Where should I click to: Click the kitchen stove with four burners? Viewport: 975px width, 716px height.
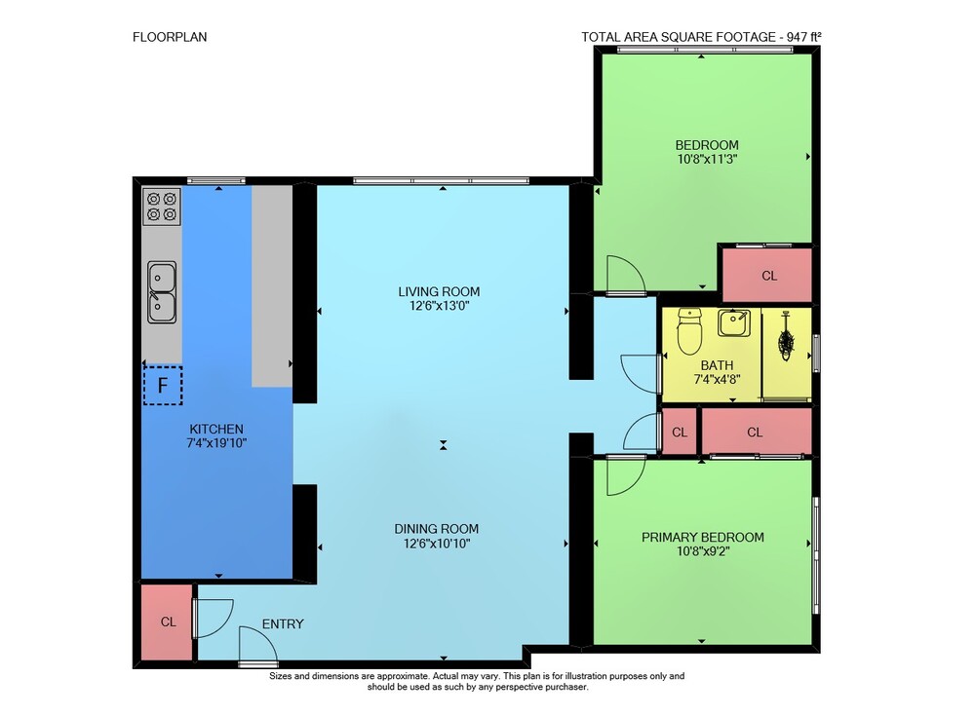click(x=162, y=207)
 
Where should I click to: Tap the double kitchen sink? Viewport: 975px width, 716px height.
click(x=162, y=292)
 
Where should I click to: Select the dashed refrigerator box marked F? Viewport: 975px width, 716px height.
click(x=163, y=386)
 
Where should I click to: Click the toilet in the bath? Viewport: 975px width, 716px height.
click(x=689, y=331)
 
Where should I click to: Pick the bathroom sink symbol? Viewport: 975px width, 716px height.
click(x=734, y=322)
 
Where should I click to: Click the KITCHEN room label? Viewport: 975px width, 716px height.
click(x=216, y=429)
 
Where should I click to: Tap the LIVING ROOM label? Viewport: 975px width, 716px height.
click(x=439, y=291)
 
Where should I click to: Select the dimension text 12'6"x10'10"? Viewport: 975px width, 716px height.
click(x=437, y=544)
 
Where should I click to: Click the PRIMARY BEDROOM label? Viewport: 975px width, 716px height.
click(x=703, y=537)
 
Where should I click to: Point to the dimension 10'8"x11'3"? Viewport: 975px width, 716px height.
click(x=707, y=159)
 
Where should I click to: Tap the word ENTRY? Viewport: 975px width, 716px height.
click(x=283, y=624)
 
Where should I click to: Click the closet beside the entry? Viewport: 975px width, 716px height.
click(x=167, y=622)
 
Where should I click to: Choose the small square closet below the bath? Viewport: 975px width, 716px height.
click(x=679, y=432)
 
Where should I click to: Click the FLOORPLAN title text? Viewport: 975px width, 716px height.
click(x=170, y=37)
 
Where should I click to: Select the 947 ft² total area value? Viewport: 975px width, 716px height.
click(x=803, y=37)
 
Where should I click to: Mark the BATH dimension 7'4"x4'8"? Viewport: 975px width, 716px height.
click(x=717, y=379)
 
